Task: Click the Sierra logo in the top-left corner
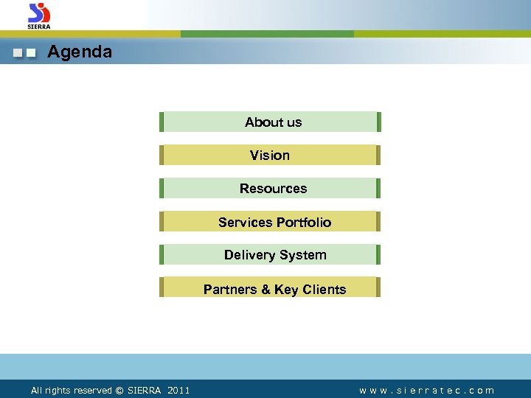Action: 39,15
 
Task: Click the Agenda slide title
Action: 80,52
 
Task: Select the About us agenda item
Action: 273,122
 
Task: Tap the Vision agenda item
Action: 270,156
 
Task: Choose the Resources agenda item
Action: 273,189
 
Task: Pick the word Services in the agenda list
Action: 245,223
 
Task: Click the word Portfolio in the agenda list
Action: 304,223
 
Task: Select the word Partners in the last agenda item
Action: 230,290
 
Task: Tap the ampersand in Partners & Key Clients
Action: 265,290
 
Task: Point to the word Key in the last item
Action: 285,290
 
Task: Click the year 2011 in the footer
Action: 178,391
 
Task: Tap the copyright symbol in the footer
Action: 119,391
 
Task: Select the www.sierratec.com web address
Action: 427,391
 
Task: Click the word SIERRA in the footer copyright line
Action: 145,391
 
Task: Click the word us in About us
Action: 294,122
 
